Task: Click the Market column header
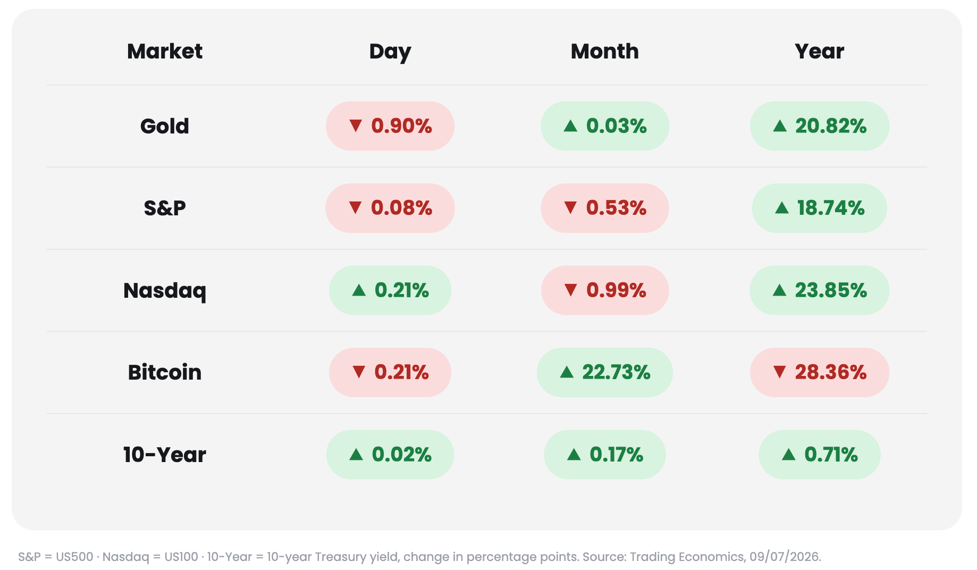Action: [165, 51]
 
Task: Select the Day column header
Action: [390, 52]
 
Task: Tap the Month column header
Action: [605, 51]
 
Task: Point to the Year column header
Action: [819, 51]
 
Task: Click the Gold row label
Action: [165, 126]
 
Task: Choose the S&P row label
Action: [165, 208]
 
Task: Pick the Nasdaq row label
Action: [165, 291]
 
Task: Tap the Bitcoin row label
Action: [165, 372]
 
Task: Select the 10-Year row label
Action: [165, 455]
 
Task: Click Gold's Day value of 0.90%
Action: [390, 126]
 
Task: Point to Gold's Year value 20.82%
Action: [819, 126]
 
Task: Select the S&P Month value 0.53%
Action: [605, 208]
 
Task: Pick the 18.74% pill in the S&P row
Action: [819, 208]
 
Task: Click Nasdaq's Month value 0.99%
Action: [605, 290]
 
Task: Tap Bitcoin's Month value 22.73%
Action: [605, 372]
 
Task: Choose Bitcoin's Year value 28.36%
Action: [819, 372]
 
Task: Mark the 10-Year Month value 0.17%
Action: [605, 455]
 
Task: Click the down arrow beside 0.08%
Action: [355, 207]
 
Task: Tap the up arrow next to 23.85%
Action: [779, 290]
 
